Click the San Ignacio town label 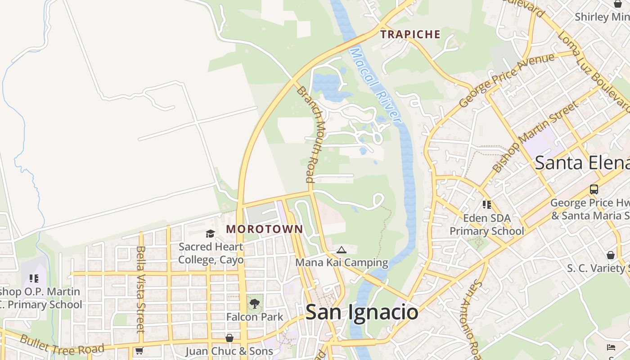[x=362, y=312]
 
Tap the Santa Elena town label [x=581, y=162]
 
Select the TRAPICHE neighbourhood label [x=410, y=34]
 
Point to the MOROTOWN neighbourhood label [x=265, y=229]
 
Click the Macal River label [x=375, y=85]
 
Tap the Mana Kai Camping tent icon [x=342, y=250]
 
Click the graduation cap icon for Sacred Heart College [x=210, y=234]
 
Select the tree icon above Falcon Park [x=255, y=303]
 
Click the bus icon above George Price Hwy [x=594, y=189]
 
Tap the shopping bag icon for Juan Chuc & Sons [x=229, y=338]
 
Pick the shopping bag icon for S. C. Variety [x=610, y=255]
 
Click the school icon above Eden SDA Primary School [x=486, y=205]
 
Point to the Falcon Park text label [x=255, y=317]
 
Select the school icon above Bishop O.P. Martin [x=34, y=279]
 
